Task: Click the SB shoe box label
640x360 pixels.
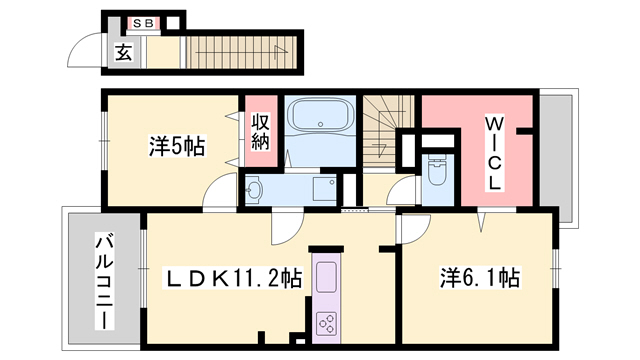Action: point(144,22)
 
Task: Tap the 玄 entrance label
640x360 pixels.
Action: point(123,53)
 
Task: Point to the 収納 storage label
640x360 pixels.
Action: point(260,132)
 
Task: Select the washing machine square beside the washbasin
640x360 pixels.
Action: point(324,188)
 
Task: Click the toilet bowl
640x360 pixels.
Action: point(436,170)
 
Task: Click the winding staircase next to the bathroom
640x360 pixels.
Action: point(385,125)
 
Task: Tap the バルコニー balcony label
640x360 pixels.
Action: point(103,280)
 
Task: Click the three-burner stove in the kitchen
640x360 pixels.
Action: point(326,321)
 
